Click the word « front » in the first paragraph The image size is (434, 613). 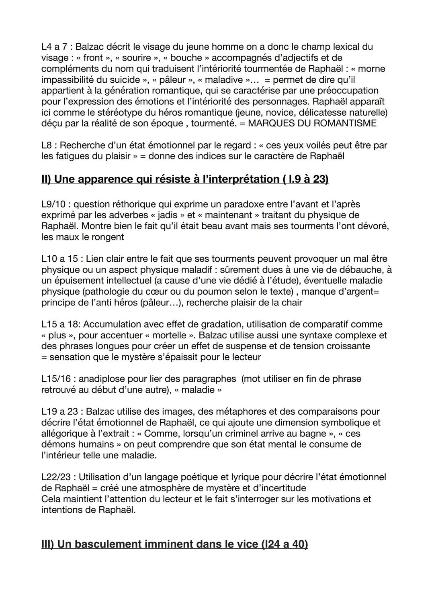tap(93, 58)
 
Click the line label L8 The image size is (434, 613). tap(47, 145)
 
